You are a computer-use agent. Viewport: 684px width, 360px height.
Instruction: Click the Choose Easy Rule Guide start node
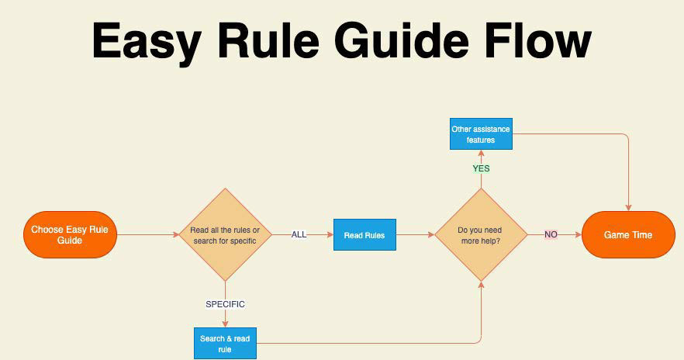click(x=70, y=234)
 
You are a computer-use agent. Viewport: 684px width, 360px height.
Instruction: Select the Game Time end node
click(x=628, y=234)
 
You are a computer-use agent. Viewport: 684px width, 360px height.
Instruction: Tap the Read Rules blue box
click(x=364, y=235)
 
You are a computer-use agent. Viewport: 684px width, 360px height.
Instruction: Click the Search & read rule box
click(x=225, y=344)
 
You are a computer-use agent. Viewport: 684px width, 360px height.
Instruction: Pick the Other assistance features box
click(x=481, y=134)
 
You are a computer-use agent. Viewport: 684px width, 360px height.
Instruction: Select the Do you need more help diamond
click(x=481, y=234)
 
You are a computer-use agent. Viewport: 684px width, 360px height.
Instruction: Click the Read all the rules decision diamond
click(x=225, y=234)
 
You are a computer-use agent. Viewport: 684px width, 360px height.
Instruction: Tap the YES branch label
click(x=481, y=168)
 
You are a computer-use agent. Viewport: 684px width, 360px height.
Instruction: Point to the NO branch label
click(x=551, y=234)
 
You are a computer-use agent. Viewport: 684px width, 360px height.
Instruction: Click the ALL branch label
click(x=299, y=234)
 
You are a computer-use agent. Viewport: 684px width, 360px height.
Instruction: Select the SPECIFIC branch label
click(x=225, y=304)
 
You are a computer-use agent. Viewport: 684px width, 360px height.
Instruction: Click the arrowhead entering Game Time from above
click(x=628, y=207)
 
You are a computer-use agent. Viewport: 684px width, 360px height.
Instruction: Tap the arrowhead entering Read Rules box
click(x=330, y=234)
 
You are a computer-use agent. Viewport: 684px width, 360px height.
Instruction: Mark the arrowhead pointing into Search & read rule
click(x=225, y=324)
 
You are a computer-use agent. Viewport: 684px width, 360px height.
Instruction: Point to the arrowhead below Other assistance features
click(x=481, y=154)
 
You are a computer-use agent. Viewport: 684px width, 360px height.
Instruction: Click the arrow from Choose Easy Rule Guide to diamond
click(x=147, y=234)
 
